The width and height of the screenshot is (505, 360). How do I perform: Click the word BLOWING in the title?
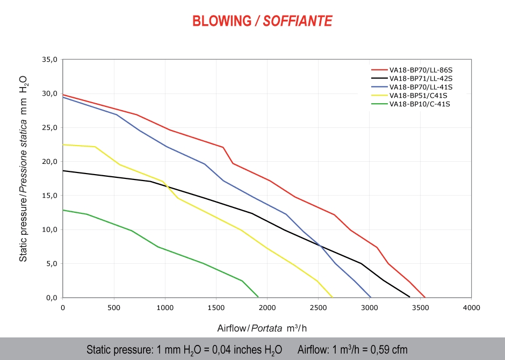click(x=221, y=21)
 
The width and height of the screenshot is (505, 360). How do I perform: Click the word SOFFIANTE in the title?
click(x=298, y=21)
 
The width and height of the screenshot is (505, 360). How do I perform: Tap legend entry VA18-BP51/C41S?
click(x=417, y=95)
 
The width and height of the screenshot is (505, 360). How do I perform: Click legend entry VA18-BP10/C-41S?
click(x=419, y=104)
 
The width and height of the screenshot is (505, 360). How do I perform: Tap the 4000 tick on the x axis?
click(x=472, y=308)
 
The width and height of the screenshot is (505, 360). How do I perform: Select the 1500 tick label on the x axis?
click(x=216, y=308)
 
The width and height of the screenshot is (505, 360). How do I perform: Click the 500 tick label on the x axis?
click(x=114, y=308)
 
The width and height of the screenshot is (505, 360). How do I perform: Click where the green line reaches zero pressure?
click(x=258, y=297)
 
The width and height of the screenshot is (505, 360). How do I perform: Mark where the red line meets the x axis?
click(x=425, y=297)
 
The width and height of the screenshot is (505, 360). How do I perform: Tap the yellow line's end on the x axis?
click(x=333, y=297)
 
